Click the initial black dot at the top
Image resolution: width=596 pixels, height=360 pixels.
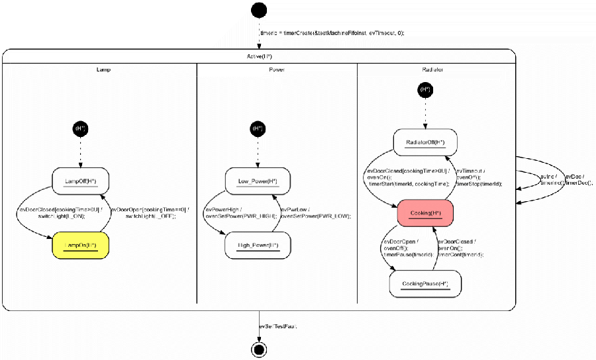[259, 11]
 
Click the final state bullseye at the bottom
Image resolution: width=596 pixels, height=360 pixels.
[259, 349]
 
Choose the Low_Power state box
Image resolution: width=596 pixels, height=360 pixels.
[258, 181]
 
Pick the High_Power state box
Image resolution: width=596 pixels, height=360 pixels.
[258, 246]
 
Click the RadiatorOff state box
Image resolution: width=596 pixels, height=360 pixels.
[426, 142]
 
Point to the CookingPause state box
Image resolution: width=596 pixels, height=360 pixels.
[425, 284]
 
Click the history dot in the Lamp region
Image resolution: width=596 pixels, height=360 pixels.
[81, 128]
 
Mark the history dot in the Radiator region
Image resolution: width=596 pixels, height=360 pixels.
[426, 89]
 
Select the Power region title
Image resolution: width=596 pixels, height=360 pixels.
[277, 69]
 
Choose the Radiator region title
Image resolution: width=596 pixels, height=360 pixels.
[432, 69]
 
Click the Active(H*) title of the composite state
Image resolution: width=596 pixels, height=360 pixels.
[259, 56]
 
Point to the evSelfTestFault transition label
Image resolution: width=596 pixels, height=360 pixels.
[277, 326]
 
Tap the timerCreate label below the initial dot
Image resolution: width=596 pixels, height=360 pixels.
[332, 32]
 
